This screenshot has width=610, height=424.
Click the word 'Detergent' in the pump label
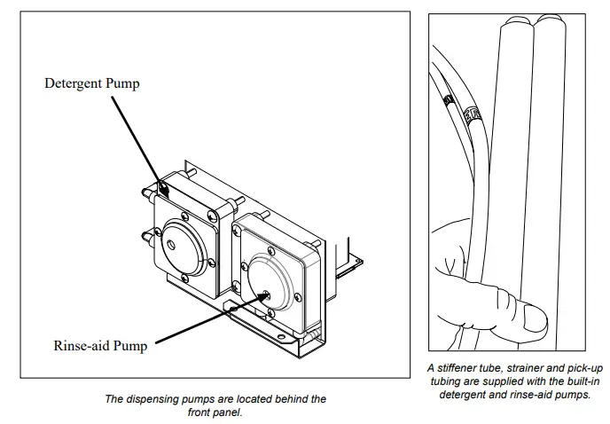(x=73, y=83)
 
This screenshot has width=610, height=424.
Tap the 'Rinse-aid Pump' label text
(x=100, y=346)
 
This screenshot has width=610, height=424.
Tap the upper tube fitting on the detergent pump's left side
(x=145, y=192)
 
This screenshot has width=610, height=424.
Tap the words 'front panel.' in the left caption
(x=215, y=412)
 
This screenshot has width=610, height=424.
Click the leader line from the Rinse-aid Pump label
(x=204, y=320)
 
